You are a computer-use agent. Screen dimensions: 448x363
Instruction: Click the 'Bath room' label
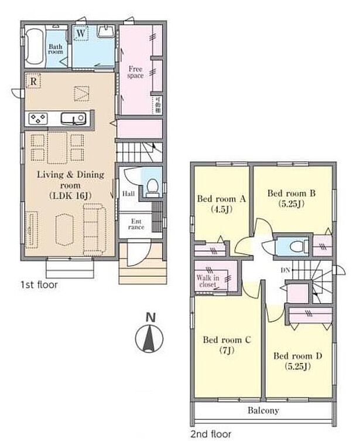pyautogui.click(x=56, y=49)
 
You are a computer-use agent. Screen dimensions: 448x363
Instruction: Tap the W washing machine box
pyautogui.click(x=81, y=33)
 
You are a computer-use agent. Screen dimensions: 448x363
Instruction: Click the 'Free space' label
pyautogui.click(x=135, y=72)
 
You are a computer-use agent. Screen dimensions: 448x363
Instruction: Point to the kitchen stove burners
pyautogui.click(x=38, y=118)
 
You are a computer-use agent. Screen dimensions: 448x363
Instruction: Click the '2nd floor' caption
pyautogui.click(x=211, y=435)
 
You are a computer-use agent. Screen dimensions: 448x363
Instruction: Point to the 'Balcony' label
pyautogui.click(x=262, y=410)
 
